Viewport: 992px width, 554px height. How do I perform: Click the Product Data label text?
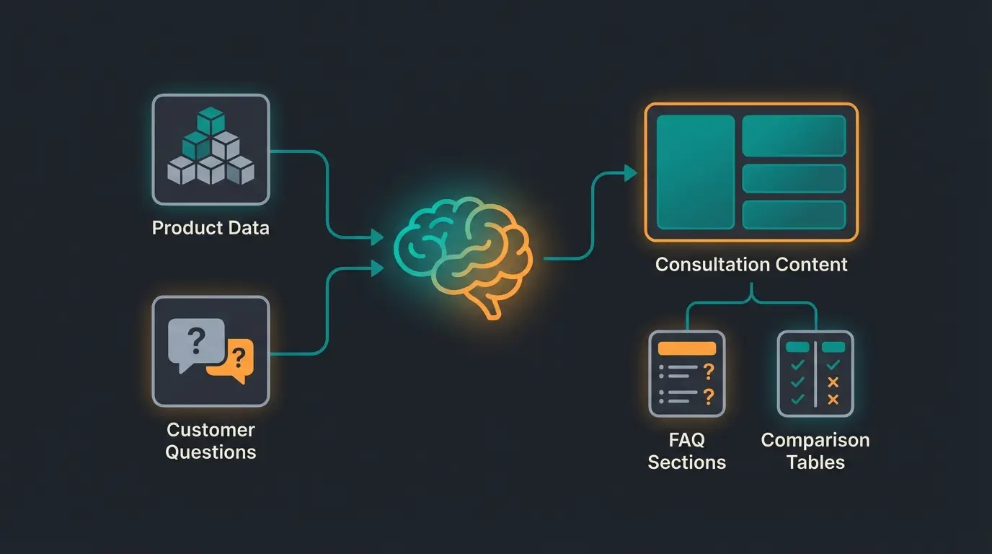211,228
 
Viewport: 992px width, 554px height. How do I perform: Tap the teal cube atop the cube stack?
211,120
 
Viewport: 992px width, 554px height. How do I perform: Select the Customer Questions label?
211,441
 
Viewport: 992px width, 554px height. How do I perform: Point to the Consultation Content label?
751,264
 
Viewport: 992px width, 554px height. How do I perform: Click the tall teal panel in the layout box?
695,172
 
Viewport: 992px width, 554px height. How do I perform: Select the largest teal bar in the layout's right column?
794,136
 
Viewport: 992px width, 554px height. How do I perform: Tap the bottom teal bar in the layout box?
794,215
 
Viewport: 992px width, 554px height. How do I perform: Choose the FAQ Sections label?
686,451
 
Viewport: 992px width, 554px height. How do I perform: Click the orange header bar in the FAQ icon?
687,348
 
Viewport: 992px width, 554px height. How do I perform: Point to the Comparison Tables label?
815,451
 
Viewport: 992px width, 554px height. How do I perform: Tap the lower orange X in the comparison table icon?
833,399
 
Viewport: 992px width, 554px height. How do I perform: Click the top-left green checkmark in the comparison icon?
797,366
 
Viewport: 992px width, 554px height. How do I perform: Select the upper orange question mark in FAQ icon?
709,371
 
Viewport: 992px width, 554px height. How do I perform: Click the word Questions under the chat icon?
211,452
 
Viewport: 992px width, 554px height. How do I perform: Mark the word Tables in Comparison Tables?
815,462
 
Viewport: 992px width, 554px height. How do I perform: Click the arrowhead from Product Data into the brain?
376,237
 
